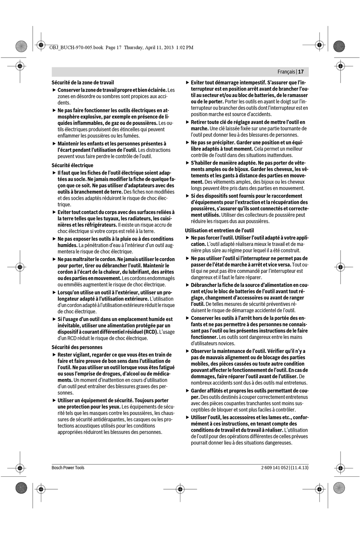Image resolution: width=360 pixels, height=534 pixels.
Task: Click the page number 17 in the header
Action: point(301,72)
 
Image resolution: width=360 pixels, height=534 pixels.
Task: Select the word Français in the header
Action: point(286,72)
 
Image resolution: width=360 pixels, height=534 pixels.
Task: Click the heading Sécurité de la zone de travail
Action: point(83,82)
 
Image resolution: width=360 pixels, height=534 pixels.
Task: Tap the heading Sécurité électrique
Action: point(72,165)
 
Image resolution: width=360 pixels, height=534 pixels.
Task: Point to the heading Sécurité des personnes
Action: point(77,347)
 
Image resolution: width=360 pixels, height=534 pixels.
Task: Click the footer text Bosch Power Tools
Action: point(68,468)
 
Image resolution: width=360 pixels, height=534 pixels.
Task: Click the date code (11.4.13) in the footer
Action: point(300,468)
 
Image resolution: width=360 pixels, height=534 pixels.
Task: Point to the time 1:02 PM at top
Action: point(185,47)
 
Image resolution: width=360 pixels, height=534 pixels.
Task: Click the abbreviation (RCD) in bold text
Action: point(151,332)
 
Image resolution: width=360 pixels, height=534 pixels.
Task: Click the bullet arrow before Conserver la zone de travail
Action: point(54,90)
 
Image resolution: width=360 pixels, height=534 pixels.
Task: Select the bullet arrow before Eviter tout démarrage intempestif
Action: point(187,83)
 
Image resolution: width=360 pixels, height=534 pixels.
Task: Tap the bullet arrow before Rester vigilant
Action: point(54,355)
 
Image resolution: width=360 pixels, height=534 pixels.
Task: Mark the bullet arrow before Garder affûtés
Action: point(187,391)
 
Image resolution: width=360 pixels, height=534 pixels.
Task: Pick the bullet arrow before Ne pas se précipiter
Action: point(187,143)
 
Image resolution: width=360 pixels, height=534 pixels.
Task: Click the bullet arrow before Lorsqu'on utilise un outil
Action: point(54,293)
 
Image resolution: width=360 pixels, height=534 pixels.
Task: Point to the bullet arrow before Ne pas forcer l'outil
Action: point(187,238)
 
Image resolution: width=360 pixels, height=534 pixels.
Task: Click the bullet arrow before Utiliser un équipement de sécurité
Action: point(54,401)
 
